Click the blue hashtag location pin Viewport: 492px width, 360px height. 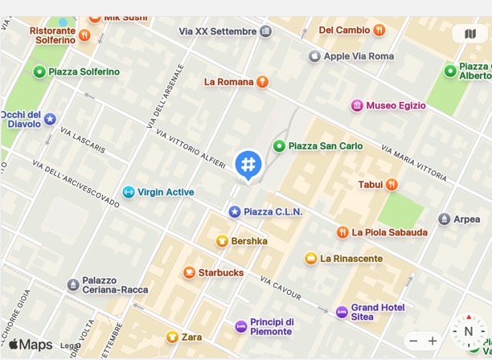click(x=248, y=165)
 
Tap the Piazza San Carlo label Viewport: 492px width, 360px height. click(x=325, y=145)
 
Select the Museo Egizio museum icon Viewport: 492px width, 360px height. click(x=357, y=105)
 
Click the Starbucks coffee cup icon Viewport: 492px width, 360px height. click(x=189, y=272)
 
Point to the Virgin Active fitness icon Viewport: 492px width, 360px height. click(x=128, y=192)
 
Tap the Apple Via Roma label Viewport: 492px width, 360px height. click(x=359, y=56)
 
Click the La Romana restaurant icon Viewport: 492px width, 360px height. click(x=262, y=81)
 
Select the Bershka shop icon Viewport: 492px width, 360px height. click(x=222, y=240)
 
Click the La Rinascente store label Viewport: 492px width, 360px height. click(x=351, y=258)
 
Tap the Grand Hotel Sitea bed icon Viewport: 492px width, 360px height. click(x=342, y=312)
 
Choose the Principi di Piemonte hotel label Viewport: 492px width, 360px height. click(x=272, y=326)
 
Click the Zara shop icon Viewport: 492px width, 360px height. click(x=171, y=337)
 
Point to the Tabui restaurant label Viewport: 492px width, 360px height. click(x=371, y=184)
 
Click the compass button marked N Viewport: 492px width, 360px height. click(x=468, y=331)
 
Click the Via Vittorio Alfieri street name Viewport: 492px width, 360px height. click(x=191, y=149)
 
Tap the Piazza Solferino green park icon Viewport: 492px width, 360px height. click(x=39, y=72)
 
